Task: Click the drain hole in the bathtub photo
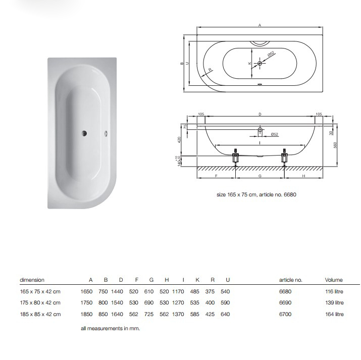point(84,133)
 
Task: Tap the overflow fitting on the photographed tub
point(106,133)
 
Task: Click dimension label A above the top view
point(260,25)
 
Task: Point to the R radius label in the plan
point(210,70)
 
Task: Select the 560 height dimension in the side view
point(335,145)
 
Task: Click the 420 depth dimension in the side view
point(179,140)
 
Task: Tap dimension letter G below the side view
point(260,176)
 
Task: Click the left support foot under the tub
point(235,157)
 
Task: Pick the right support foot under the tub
point(285,157)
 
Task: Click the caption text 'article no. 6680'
point(277,194)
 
